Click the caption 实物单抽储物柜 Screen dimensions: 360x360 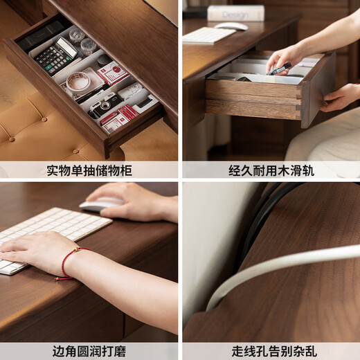[89, 170]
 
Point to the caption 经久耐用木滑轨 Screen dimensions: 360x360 [271, 170]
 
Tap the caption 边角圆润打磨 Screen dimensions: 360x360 [89, 351]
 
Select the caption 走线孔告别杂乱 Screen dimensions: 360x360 [271, 351]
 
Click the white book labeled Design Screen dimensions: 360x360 [235, 12]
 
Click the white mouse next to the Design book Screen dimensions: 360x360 [231, 26]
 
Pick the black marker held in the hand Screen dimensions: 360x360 [280, 69]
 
